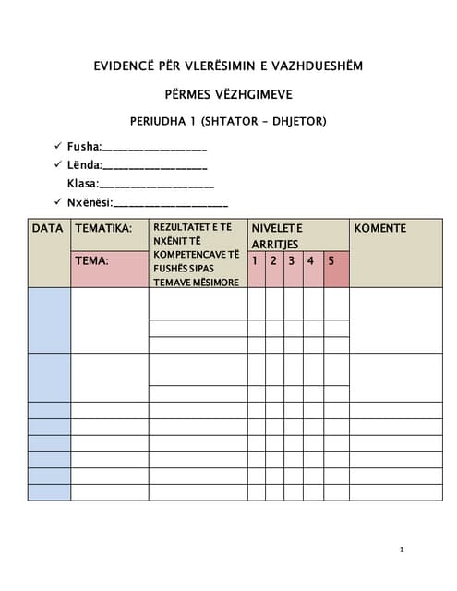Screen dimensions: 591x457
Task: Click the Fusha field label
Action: [x=84, y=146]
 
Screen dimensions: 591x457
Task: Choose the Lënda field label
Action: [x=84, y=165]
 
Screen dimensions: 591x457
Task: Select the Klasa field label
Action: [x=82, y=184]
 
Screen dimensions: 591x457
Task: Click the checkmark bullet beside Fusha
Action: [x=59, y=146]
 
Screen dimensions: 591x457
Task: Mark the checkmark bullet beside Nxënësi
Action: [x=59, y=202]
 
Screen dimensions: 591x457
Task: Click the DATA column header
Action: [x=47, y=228]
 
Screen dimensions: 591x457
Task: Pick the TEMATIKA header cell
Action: [x=103, y=228]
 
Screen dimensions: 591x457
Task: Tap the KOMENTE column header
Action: [x=380, y=228]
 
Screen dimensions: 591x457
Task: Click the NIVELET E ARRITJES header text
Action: [x=277, y=235]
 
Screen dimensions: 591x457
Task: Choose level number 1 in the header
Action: [x=255, y=260]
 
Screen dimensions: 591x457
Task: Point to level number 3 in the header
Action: [x=292, y=260]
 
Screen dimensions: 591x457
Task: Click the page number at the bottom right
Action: [x=403, y=549]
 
